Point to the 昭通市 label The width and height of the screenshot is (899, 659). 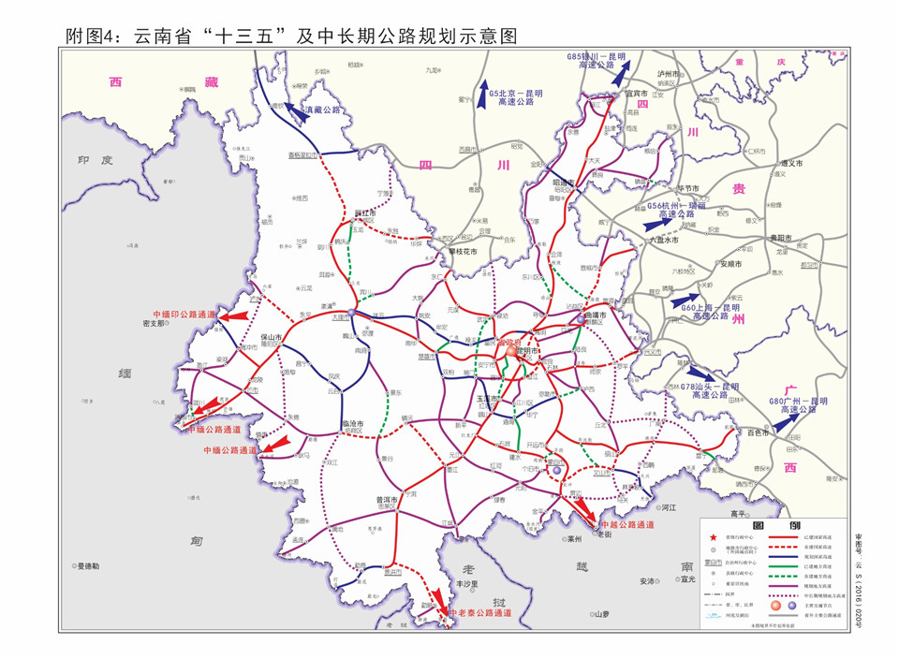(563, 183)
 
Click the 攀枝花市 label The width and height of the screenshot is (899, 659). (461, 251)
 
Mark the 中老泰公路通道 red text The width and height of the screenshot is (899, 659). (479, 613)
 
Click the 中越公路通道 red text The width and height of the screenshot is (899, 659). (626, 526)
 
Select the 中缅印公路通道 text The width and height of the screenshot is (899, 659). (184, 315)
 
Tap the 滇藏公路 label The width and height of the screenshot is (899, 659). (323, 110)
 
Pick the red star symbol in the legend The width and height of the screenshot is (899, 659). (713, 536)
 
